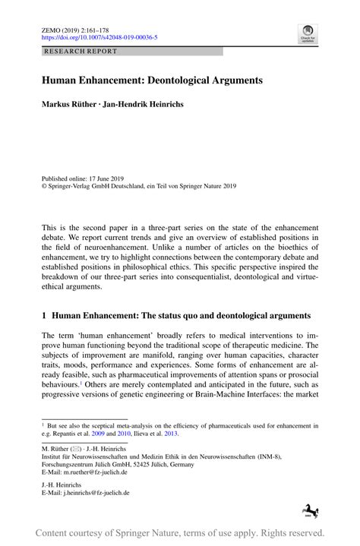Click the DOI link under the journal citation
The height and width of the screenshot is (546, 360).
(99, 36)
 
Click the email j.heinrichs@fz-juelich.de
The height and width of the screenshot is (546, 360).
(97, 492)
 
